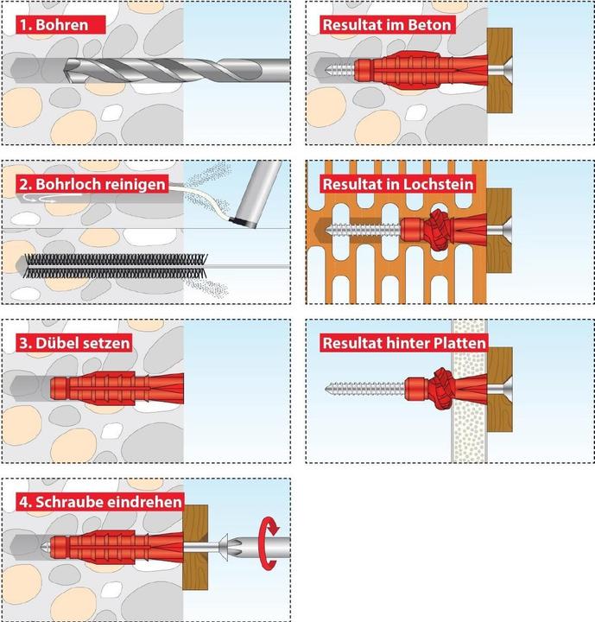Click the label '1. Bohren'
tap(54, 24)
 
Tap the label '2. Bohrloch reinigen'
tap(90, 183)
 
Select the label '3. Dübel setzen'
tap(75, 343)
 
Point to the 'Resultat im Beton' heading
tap(385, 24)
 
